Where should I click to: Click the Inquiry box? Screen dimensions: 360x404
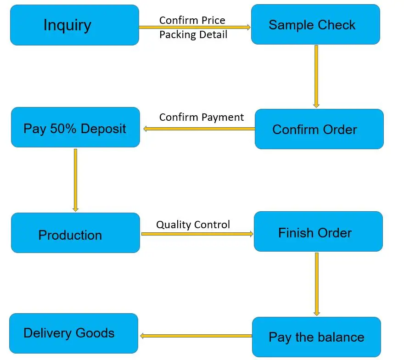[74, 25]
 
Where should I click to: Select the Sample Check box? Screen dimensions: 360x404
[315, 24]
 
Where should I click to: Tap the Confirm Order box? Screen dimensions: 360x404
[319, 129]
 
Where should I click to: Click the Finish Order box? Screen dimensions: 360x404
[318, 231]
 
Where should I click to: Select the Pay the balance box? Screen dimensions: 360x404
[316, 337]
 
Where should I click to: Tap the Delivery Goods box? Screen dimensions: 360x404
[73, 333]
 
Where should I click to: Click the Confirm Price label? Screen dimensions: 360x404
[192, 20]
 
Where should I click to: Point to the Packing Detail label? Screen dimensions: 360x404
[193, 35]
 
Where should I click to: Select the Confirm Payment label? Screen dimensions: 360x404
[202, 117]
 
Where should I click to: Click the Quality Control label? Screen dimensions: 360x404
[193, 225]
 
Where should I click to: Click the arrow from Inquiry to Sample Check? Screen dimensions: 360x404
[195, 28]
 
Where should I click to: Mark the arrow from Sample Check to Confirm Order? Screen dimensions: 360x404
[316, 76]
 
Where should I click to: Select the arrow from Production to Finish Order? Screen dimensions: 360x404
[197, 234]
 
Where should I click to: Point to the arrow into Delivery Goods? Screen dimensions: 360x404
[196, 336]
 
